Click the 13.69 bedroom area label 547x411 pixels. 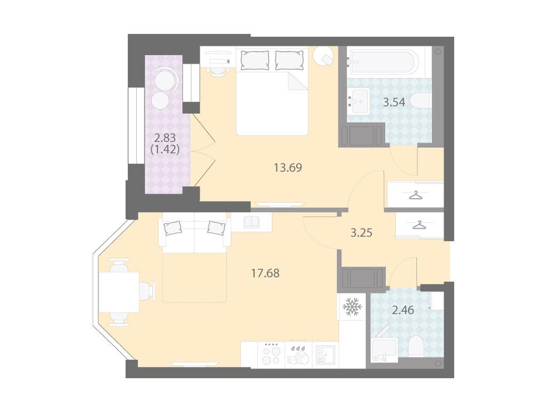(x=288, y=168)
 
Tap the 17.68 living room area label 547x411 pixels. (x=265, y=273)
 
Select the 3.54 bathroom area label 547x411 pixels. (x=394, y=102)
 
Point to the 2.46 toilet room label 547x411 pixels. (x=403, y=310)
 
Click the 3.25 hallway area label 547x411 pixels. (x=362, y=233)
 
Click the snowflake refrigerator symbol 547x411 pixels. (x=353, y=307)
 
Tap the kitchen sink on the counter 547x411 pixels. (x=325, y=355)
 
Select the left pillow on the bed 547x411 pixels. (x=255, y=60)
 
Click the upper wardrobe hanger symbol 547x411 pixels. (x=416, y=196)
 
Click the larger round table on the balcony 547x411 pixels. (x=165, y=79)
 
